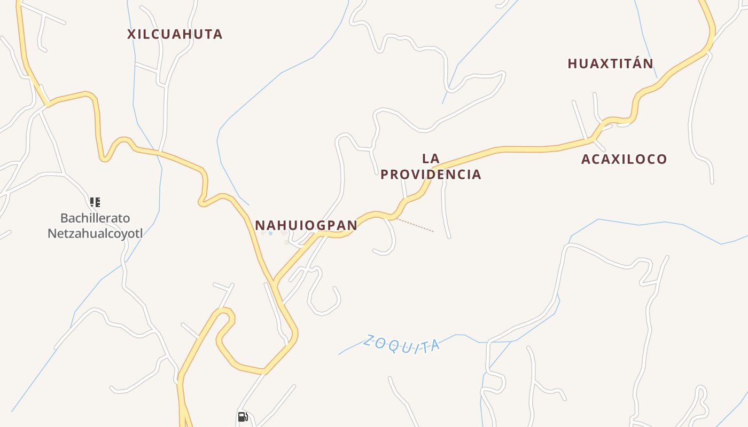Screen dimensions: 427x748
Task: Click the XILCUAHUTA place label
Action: point(175,34)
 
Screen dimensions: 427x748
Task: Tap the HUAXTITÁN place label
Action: point(610,64)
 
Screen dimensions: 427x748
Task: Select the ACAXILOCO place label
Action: point(624,159)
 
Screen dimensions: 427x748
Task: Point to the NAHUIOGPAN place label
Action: point(306,225)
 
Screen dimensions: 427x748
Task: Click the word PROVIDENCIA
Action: point(431,175)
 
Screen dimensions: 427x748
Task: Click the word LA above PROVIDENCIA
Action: point(431,159)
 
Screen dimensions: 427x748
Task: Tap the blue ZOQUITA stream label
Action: point(401,344)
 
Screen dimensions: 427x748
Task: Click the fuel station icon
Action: point(243,417)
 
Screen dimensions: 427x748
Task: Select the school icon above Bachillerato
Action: point(95,202)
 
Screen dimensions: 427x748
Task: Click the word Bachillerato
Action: point(95,218)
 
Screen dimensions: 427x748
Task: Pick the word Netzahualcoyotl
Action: point(95,233)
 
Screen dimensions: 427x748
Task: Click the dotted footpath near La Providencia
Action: point(415,225)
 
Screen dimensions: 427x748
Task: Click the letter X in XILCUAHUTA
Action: point(131,34)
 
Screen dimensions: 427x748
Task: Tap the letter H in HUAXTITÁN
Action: point(572,64)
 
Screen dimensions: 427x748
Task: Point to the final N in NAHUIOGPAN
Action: point(353,225)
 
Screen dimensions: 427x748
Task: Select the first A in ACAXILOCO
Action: point(586,159)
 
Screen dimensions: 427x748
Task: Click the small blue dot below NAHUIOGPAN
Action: point(271,233)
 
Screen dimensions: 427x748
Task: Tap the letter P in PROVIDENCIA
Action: point(385,175)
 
